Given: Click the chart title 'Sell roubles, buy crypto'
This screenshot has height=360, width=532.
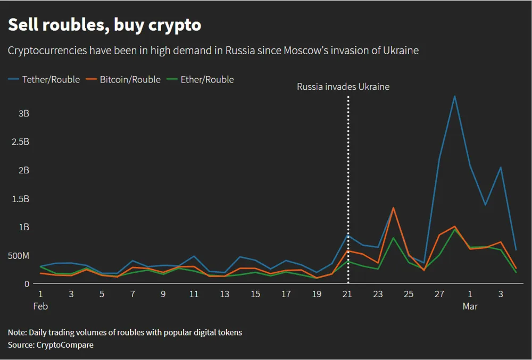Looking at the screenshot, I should pos(104,24).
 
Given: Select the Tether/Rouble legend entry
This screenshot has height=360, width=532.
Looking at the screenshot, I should pos(45,80).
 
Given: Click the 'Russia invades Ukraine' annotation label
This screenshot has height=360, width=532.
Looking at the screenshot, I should pos(343,87).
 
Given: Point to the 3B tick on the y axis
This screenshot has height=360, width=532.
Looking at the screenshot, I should pos(23,113).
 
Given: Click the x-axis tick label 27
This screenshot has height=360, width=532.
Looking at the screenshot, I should pos(439,294).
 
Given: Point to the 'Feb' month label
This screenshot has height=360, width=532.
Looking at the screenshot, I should pos(40,306).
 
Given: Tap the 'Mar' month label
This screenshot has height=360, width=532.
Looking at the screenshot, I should pos(470,306).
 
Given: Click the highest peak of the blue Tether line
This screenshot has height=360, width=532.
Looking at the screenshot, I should pos(455,96).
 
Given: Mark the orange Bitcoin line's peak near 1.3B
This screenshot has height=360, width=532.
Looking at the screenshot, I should pos(393,208).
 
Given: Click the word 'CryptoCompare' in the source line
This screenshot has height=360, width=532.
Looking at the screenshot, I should pos(65,345).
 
